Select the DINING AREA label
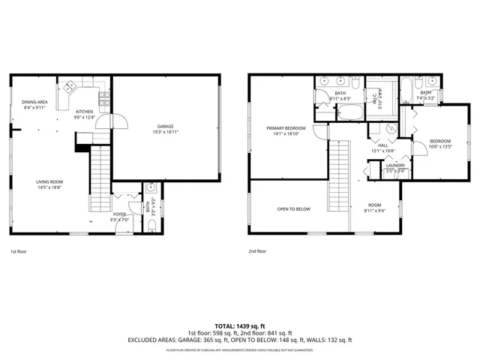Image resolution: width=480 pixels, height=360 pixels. pos(34,101)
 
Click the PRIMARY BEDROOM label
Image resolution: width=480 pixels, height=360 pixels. pos(283,128)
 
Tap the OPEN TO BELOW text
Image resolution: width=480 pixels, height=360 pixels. pos(293,209)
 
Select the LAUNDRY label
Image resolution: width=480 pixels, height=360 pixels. pos(395,165)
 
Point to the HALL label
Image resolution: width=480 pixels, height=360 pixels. pos(382,145)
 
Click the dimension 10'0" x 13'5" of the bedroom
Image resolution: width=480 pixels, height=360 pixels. pos(440,147)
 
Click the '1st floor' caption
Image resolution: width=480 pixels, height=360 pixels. pos(19,252)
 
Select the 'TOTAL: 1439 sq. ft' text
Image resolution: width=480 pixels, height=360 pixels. pos(240,325)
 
